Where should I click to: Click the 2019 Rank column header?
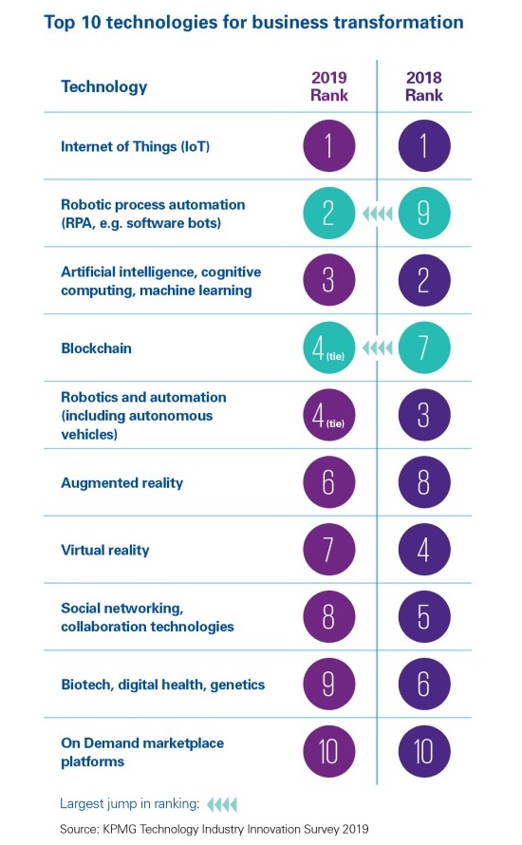(329, 86)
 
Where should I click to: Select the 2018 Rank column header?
(424, 86)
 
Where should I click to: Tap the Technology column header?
(104, 86)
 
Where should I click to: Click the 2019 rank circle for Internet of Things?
(329, 145)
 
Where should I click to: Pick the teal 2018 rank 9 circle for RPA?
(424, 213)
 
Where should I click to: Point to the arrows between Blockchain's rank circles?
(377, 348)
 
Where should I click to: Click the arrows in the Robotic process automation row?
(377, 214)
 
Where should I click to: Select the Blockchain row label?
(96, 348)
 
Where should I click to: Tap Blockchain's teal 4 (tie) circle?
(329, 347)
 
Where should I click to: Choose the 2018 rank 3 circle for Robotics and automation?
(424, 415)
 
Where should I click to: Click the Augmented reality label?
(121, 483)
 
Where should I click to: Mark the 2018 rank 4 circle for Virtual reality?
(424, 550)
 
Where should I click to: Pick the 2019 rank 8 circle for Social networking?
(329, 617)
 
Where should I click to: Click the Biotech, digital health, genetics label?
(162, 685)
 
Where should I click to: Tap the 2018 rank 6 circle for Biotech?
(424, 685)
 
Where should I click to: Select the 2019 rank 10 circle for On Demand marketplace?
(329, 752)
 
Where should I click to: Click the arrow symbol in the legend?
(222, 804)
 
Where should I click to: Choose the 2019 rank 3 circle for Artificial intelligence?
(329, 280)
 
